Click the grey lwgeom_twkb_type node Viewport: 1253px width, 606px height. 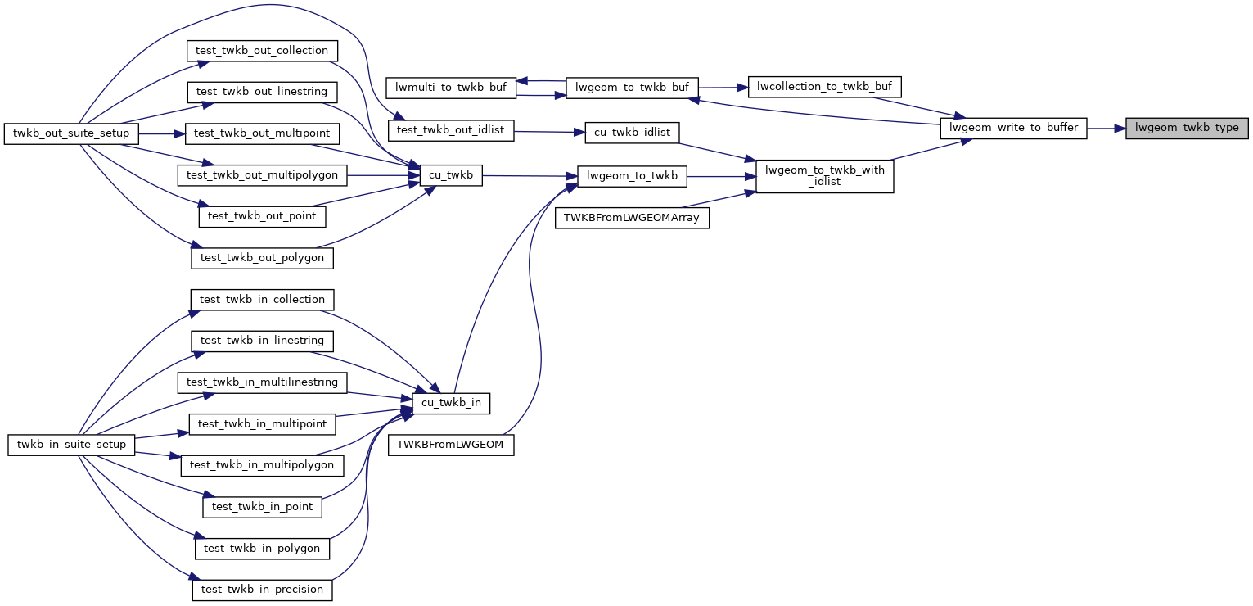click(1187, 129)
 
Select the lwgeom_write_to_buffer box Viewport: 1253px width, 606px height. click(1013, 129)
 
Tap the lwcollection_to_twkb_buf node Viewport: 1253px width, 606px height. click(825, 87)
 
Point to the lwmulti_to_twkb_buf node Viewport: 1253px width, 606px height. click(451, 88)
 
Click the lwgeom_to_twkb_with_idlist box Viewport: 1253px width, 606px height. click(824, 176)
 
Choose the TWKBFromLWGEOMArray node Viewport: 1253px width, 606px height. click(633, 218)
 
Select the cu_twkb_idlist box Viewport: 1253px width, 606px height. click(633, 132)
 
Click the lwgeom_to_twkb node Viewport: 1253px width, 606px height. click(633, 175)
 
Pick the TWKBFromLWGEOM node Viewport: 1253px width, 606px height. click(451, 445)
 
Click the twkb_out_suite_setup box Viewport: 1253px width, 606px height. click(71, 133)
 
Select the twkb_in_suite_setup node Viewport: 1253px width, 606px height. click(71, 445)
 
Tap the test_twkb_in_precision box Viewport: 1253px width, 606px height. click(262, 590)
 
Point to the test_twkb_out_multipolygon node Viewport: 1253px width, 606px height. click(262, 174)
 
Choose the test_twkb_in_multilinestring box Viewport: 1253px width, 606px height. click(263, 382)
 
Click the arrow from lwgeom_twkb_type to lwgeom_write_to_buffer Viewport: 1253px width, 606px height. click(1107, 129)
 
